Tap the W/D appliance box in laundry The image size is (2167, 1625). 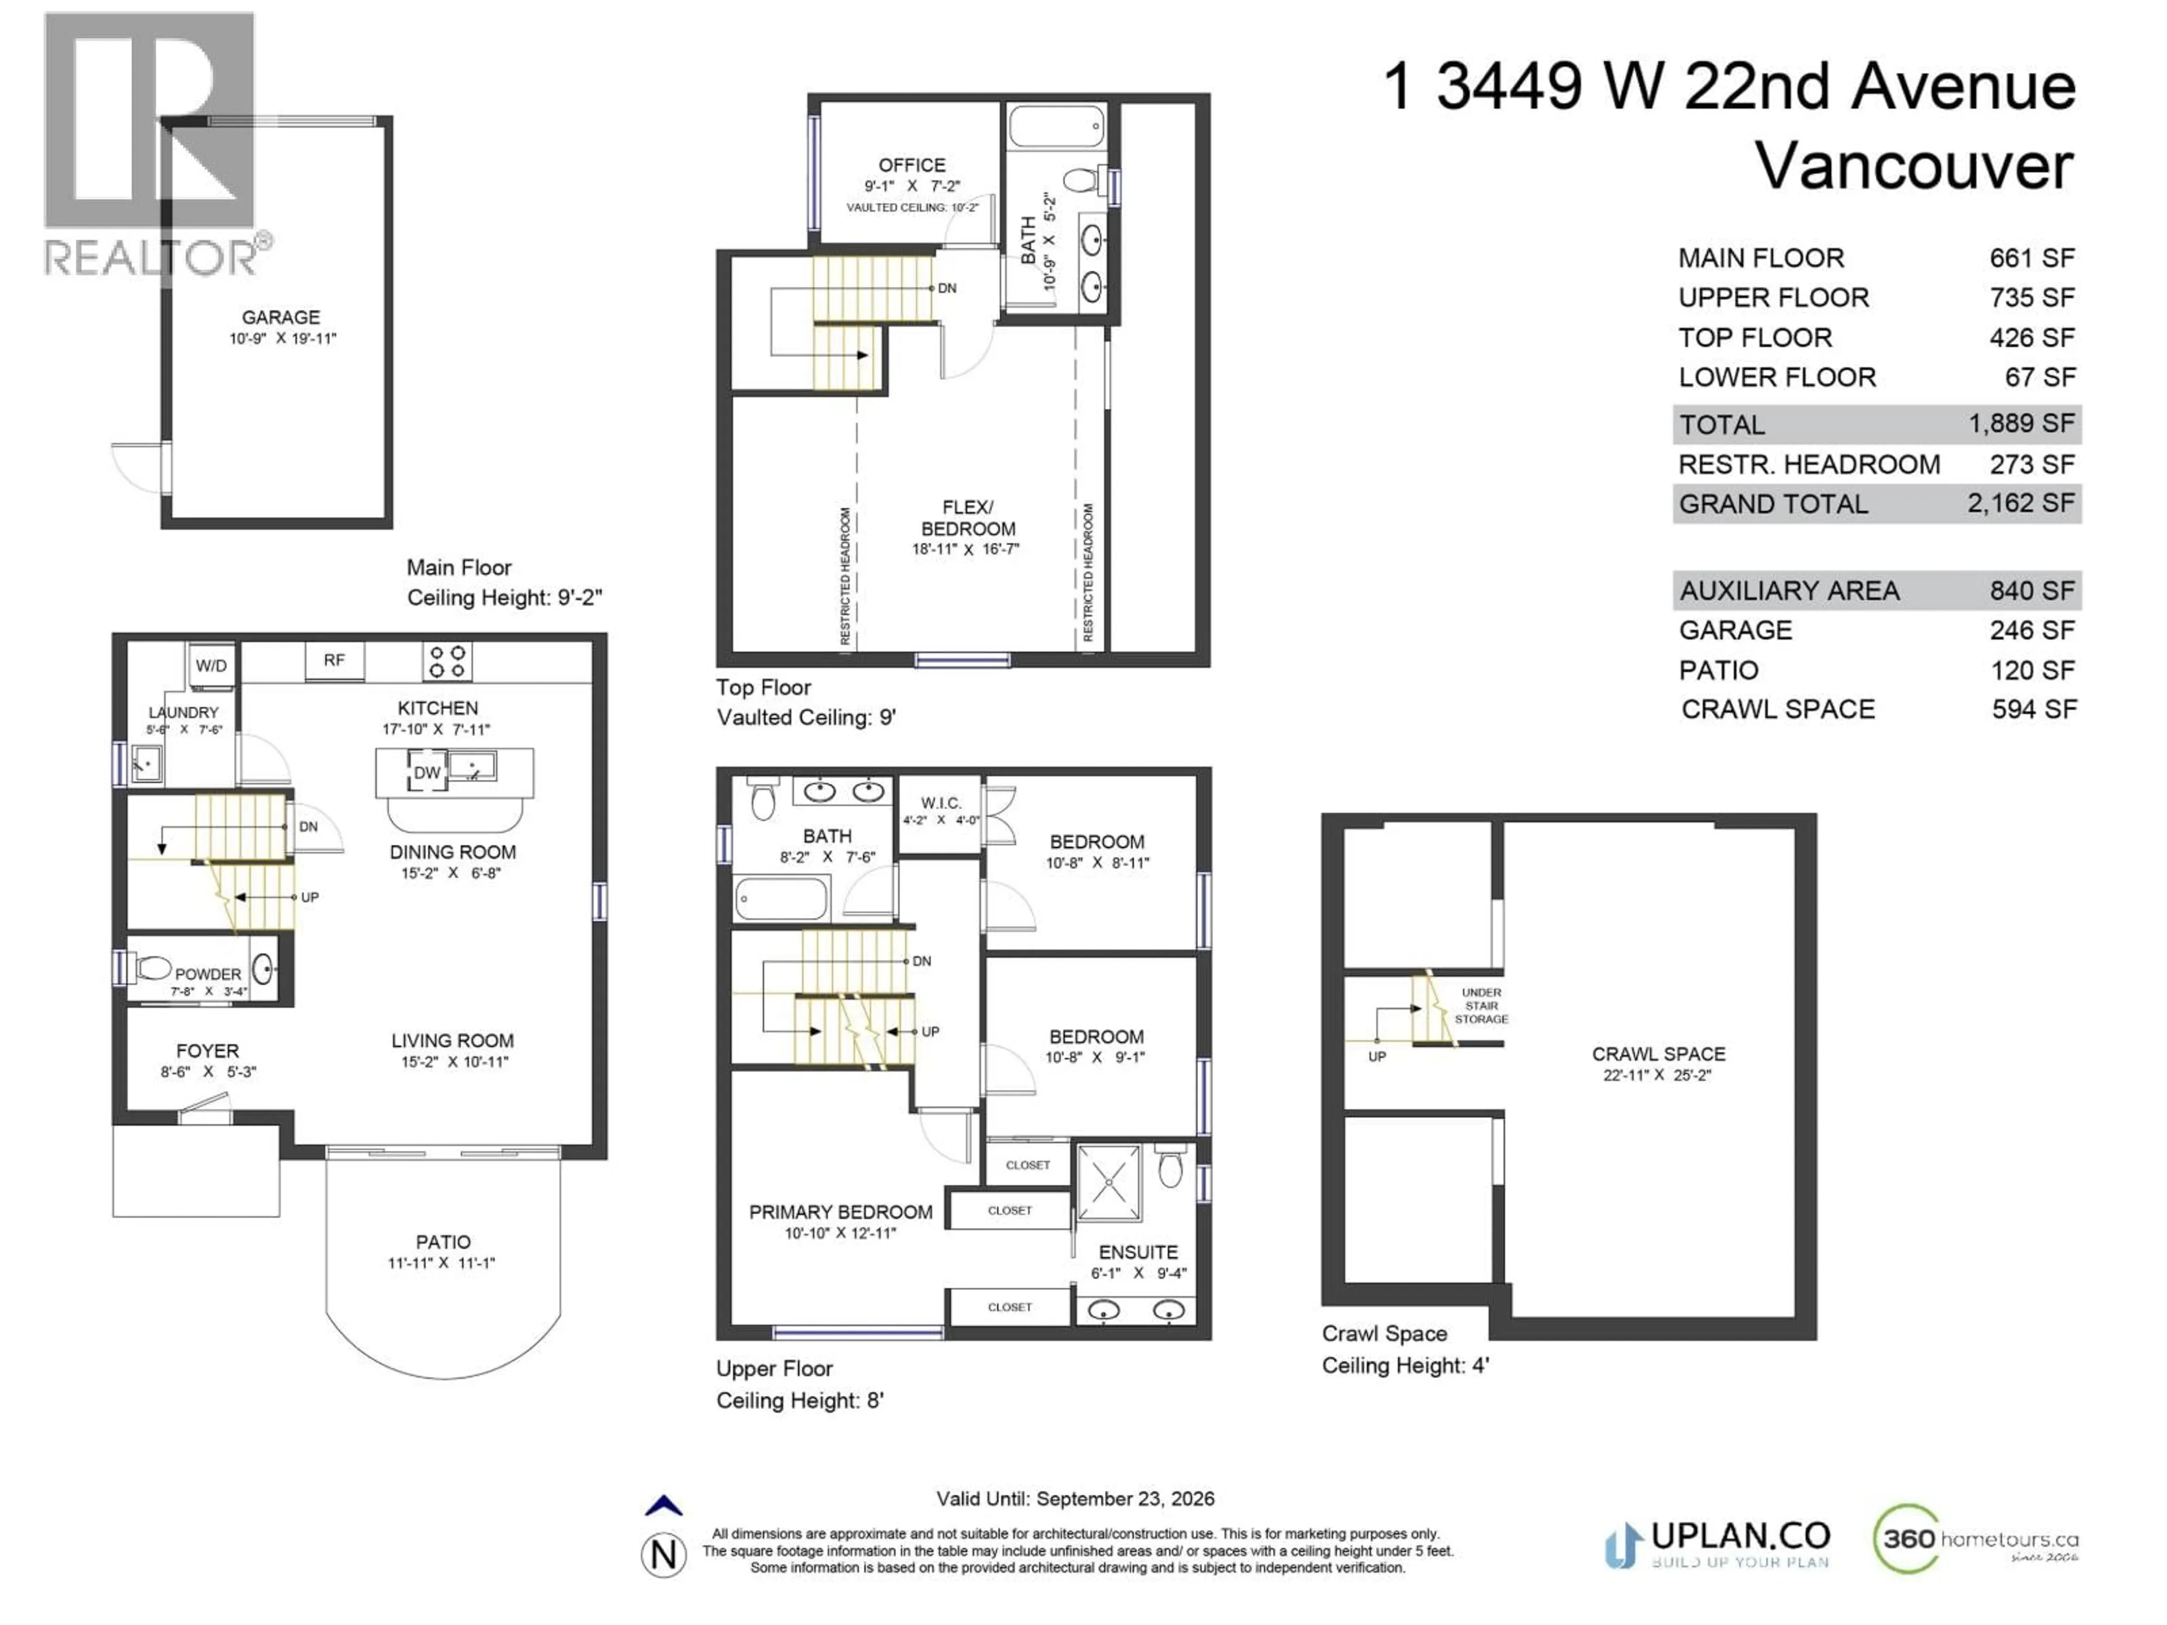210,666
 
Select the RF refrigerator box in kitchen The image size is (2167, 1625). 334,660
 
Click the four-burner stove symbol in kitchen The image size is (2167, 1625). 448,661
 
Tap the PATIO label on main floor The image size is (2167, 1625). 443,1242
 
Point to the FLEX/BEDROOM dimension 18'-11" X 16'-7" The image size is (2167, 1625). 966,550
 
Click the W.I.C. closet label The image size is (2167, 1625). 941,803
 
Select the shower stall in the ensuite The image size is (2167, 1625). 1109,1183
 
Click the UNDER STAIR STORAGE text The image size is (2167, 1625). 1481,1006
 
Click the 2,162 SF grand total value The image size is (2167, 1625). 2020,503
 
